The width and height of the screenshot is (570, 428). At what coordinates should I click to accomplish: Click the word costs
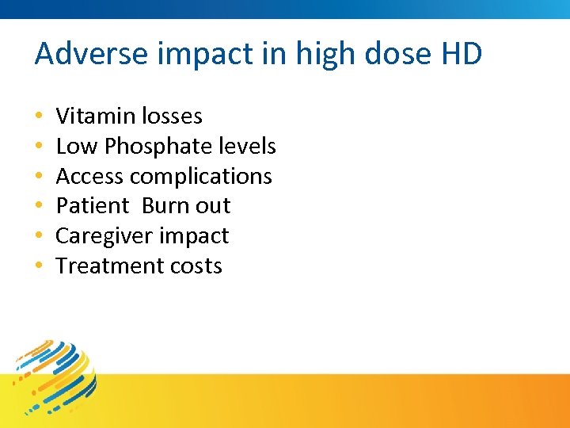point(195,266)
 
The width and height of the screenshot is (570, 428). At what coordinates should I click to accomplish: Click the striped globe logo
point(59,376)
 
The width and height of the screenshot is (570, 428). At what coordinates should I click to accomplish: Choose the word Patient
point(92,206)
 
